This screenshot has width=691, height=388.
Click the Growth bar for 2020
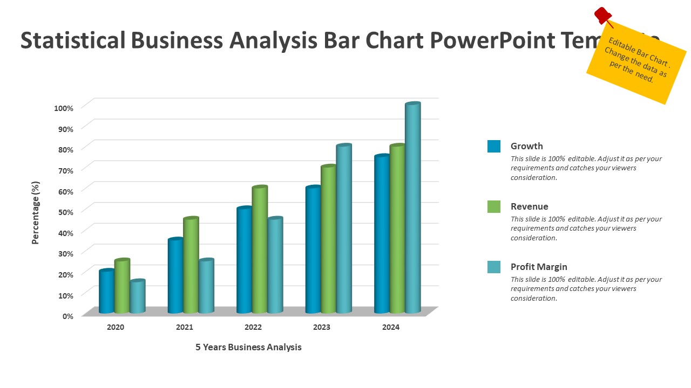coord(107,292)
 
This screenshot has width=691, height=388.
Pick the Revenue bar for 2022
coord(260,250)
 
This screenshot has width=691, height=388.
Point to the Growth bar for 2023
coord(313,250)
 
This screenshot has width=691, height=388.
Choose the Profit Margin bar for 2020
coord(138,297)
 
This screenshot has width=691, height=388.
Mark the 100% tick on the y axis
coord(64,108)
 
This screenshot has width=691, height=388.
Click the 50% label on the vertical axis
coord(64,212)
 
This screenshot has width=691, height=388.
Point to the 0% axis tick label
coord(67,316)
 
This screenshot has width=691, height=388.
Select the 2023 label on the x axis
coord(322,327)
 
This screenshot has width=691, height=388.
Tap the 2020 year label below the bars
coord(116,327)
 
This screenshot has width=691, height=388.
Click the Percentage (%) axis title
coord(36,212)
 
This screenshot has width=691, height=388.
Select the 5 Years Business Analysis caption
coord(248,347)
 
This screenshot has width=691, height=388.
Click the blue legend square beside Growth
coord(494,146)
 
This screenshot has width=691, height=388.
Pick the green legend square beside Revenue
coord(494,206)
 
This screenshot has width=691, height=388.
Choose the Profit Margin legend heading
coord(539,267)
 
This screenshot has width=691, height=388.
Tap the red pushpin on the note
coord(602,15)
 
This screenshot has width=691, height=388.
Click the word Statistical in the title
coord(72,41)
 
